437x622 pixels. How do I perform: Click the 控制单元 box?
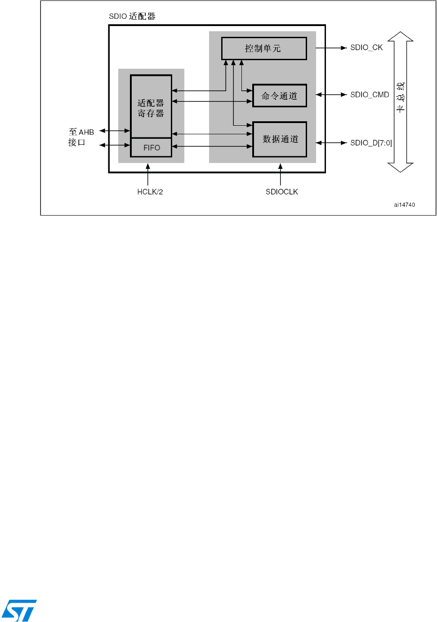264,49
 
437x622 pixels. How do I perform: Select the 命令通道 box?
279,96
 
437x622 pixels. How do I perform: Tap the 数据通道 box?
280,139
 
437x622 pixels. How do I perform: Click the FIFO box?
151,148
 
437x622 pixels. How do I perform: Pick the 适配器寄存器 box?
151,107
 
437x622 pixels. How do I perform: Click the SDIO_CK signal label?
366,48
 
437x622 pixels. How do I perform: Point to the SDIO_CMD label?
370,95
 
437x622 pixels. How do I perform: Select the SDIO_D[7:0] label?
371,143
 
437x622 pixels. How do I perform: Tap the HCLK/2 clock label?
150,192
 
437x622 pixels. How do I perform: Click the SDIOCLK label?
282,192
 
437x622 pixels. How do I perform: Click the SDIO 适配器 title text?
132,17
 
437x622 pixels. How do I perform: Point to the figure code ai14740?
404,205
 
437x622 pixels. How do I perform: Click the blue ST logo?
19,610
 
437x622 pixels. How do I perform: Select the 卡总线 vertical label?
400,97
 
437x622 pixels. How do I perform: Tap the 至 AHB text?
81,132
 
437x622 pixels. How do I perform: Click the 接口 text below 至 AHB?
76,142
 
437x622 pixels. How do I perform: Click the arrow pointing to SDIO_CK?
331,48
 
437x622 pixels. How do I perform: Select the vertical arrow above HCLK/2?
148,174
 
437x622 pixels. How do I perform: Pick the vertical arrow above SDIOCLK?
281,174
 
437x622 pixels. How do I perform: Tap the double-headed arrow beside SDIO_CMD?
331,95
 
